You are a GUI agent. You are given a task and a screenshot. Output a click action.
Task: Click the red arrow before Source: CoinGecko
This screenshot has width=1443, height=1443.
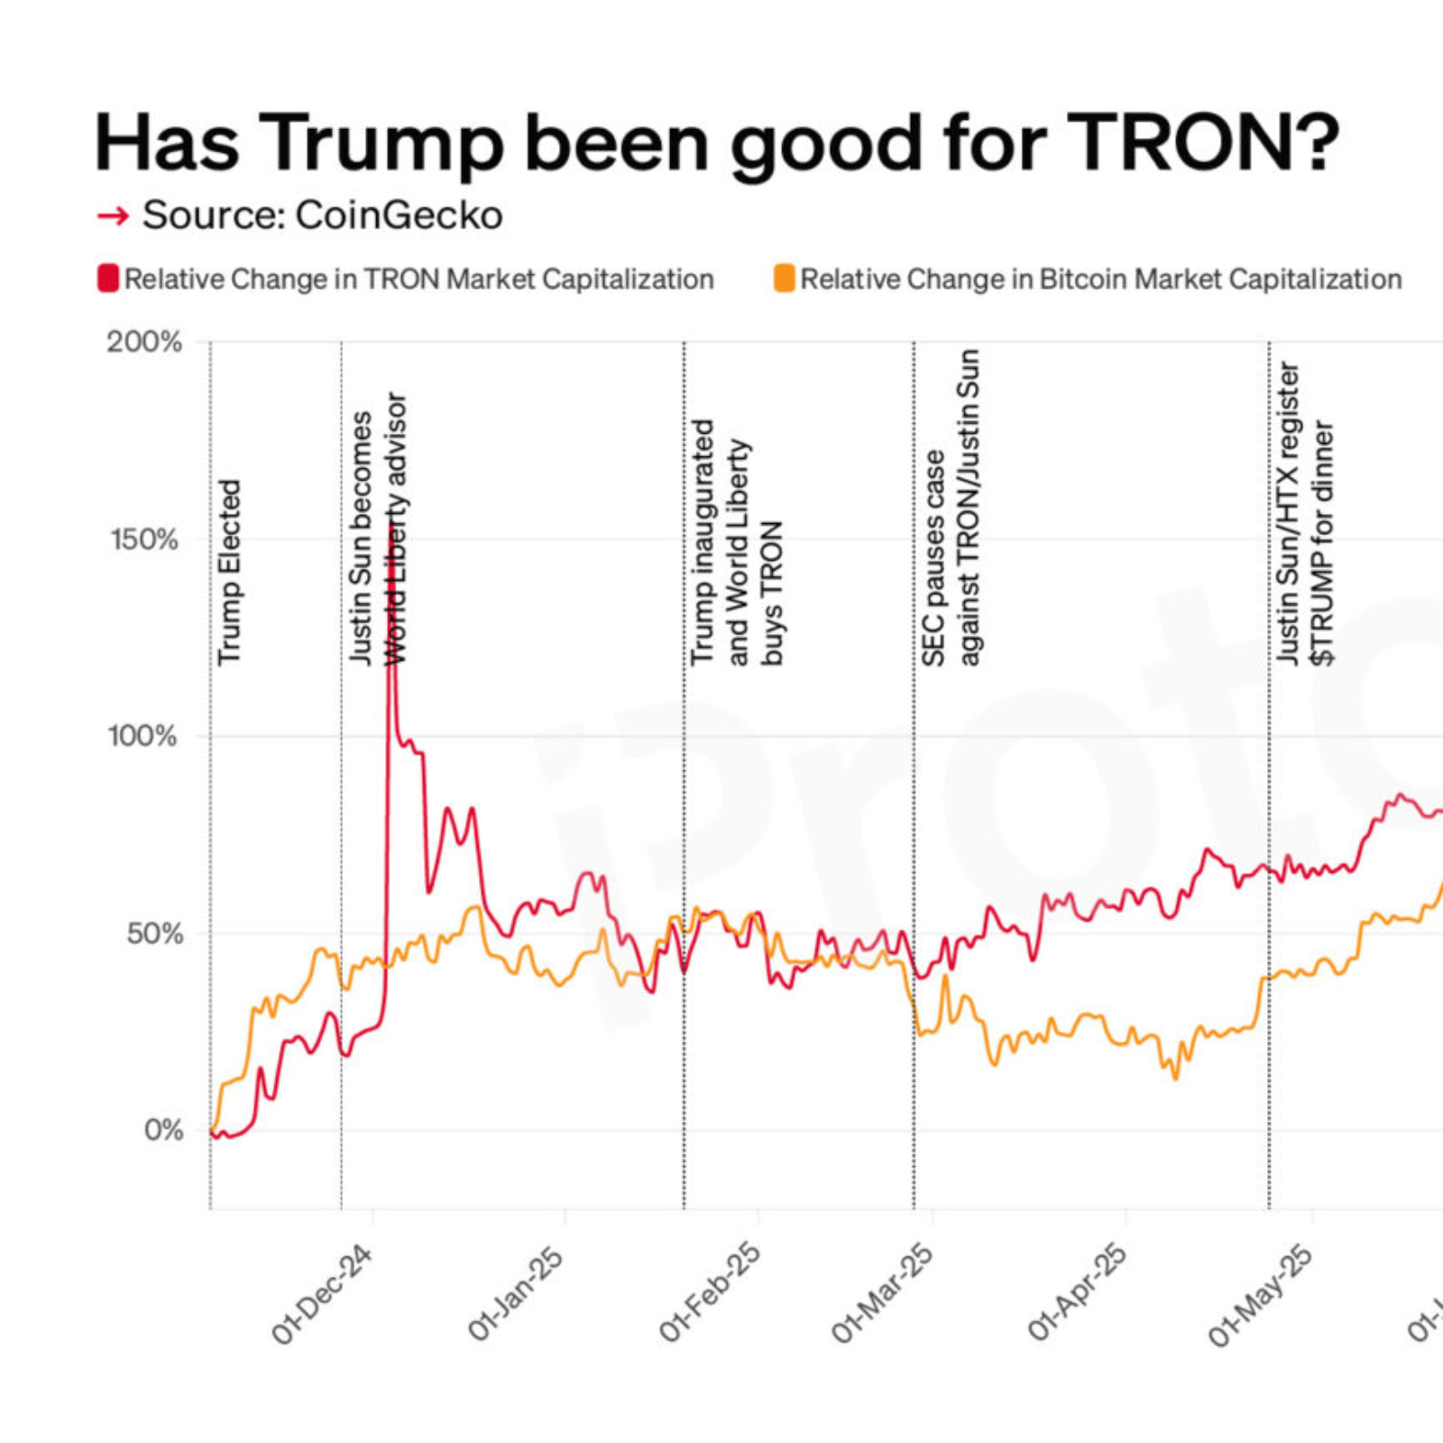tap(113, 216)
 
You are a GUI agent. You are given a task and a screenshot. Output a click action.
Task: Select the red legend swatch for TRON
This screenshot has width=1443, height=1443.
tap(108, 278)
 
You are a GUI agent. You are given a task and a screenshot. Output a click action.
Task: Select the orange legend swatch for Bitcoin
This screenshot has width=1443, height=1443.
tap(784, 278)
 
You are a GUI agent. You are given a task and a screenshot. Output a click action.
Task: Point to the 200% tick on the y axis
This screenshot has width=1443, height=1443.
tap(144, 342)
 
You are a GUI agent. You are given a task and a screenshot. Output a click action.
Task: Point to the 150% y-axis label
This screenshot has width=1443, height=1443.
tap(144, 539)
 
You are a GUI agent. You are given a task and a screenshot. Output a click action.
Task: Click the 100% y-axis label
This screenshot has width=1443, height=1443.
tap(142, 735)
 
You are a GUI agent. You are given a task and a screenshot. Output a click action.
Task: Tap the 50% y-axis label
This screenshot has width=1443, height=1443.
tap(153, 933)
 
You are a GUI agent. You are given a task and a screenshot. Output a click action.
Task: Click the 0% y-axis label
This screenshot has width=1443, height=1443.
tap(162, 1129)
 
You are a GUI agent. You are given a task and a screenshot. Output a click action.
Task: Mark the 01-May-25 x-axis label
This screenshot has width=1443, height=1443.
tap(1260, 1295)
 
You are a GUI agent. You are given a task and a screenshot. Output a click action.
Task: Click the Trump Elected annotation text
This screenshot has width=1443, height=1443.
tap(229, 572)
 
